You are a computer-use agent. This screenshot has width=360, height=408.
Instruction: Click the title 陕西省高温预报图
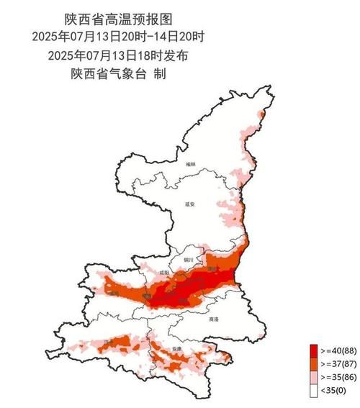pos(119,19)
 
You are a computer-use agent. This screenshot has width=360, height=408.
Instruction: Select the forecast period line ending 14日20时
pos(119,36)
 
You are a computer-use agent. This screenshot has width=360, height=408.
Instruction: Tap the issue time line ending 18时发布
pos(119,55)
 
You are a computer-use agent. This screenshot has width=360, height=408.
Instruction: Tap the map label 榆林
pos(190,165)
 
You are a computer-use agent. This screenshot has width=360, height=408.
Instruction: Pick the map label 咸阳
pos(164,273)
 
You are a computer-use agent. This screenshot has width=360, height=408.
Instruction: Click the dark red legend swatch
pos(314,350)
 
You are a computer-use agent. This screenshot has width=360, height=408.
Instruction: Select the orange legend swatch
pos(314,364)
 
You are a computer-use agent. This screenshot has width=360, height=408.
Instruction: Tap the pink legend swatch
pos(314,378)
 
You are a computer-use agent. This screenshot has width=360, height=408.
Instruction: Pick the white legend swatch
pos(314,391)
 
